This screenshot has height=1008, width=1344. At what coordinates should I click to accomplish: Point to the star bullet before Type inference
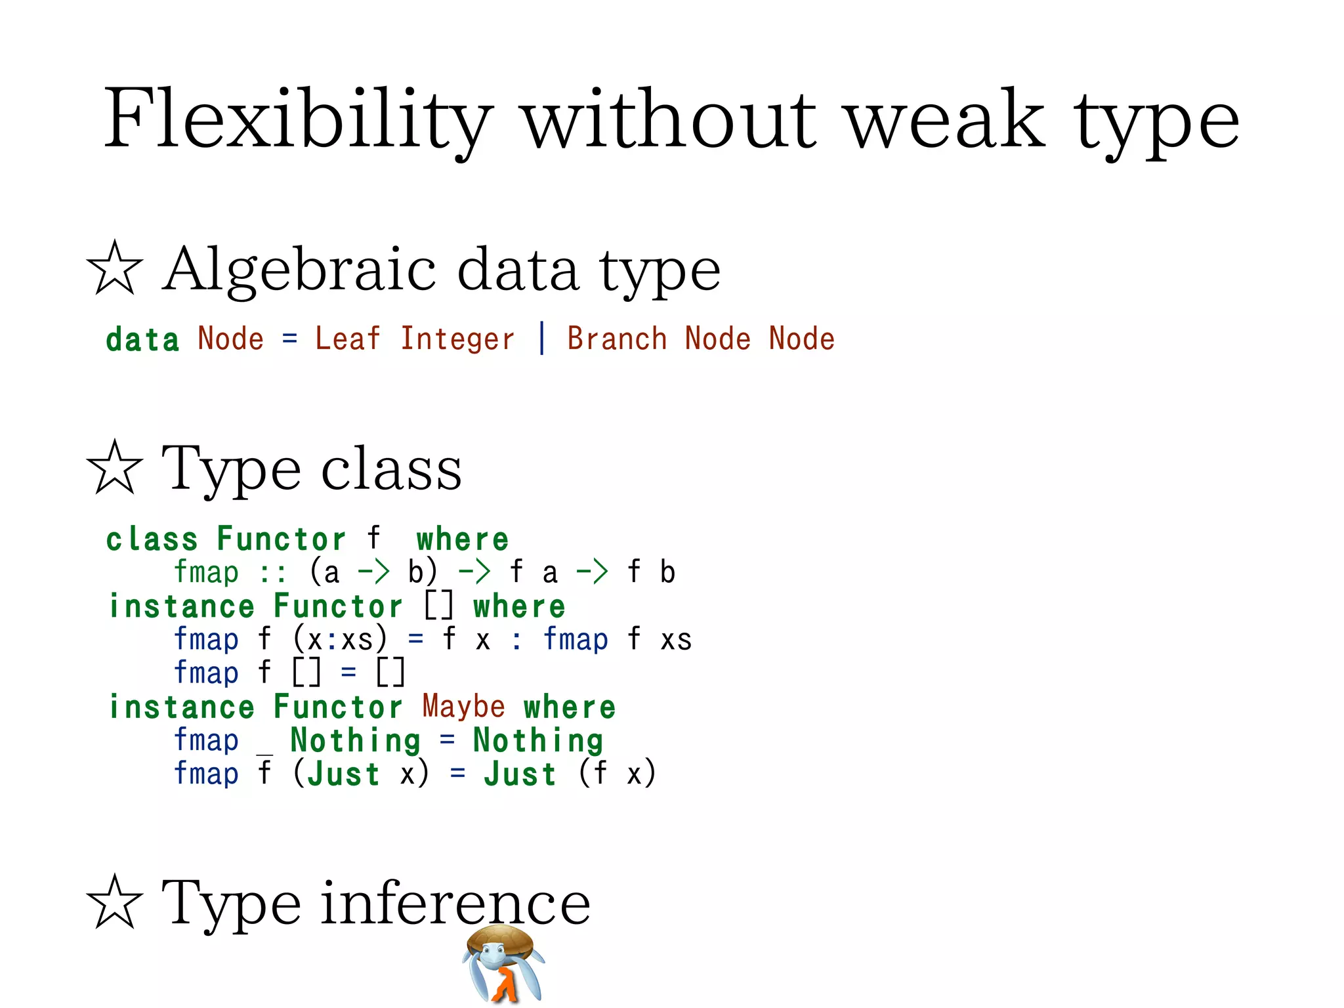[114, 902]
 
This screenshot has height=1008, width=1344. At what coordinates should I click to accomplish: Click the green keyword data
[142, 339]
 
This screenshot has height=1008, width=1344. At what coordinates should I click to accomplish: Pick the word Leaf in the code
[347, 339]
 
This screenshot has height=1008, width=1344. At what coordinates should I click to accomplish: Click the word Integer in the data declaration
[457, 339]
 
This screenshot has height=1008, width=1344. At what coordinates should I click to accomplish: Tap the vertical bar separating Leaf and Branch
[541, 339]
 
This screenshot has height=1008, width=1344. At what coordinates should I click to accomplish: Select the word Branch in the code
[617, 339]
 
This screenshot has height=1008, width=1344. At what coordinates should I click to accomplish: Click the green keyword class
[152, 539]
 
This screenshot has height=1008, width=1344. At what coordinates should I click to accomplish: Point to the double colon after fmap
[272, 573]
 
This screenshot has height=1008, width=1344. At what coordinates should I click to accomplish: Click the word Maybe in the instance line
[463, 707]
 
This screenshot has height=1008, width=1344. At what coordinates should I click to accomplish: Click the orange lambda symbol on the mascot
[505, 984]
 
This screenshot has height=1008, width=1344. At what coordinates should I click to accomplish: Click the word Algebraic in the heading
[299, 269]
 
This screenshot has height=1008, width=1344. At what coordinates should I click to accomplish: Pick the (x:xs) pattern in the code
[340, 639]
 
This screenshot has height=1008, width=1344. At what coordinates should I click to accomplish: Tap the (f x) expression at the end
[616, 773]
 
